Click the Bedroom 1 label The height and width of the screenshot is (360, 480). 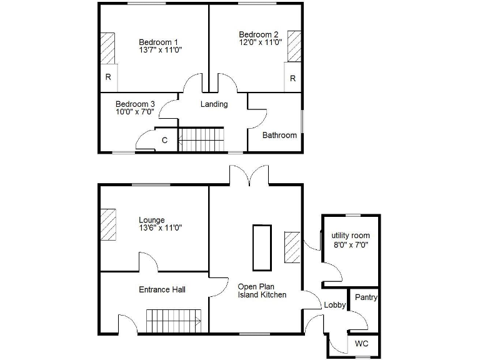[x=154, y=42]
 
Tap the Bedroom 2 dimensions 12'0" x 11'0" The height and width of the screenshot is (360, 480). [x=260, y=42]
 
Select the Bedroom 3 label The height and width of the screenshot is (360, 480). [x=135, y=104]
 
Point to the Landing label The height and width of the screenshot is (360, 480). [x=214, y=104]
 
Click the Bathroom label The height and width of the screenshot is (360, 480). [x=279, y=135]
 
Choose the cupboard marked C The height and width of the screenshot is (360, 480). [x=165, y=141]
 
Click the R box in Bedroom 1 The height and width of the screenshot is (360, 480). [x=108, y=77]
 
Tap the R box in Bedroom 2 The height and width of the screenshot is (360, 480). [x=292, y=79]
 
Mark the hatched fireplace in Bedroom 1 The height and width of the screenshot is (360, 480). [x=108, y=48]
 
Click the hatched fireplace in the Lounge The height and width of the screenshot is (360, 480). [x=109, y=224]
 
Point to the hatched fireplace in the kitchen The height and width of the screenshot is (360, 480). [x=292, y=247]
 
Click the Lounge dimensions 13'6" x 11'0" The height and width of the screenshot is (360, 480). [x=160, y=228]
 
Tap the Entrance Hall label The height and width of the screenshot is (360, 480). [x=162, y=289]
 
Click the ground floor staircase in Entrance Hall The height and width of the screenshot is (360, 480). [x=173, y=321]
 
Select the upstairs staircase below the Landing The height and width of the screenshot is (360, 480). [x=201, y=139]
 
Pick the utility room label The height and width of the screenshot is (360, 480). [x=350, y=236]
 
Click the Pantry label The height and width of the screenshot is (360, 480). [x=366, y=297]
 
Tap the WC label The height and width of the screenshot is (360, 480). [x=362, y=344]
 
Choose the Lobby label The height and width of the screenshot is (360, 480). [x=334, y=305]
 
